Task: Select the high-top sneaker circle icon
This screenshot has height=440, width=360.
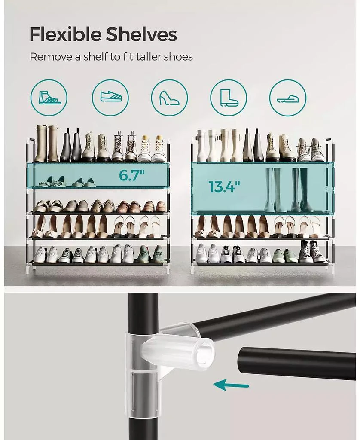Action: [49, 98]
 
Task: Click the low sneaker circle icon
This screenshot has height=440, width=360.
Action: [111, 98]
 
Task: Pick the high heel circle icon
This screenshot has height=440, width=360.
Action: [169, 98]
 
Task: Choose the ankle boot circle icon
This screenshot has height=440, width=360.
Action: [228, 98]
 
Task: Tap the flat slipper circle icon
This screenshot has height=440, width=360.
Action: [287, 98]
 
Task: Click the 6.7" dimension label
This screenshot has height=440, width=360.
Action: [132, 176]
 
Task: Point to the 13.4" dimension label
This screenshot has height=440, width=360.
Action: [224, 186]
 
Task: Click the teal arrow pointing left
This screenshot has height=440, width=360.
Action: [231, 385]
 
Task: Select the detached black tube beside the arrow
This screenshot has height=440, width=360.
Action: [296, 363]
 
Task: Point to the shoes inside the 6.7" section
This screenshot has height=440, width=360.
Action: [69, 182]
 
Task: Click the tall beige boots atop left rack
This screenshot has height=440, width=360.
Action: [47, 144]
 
